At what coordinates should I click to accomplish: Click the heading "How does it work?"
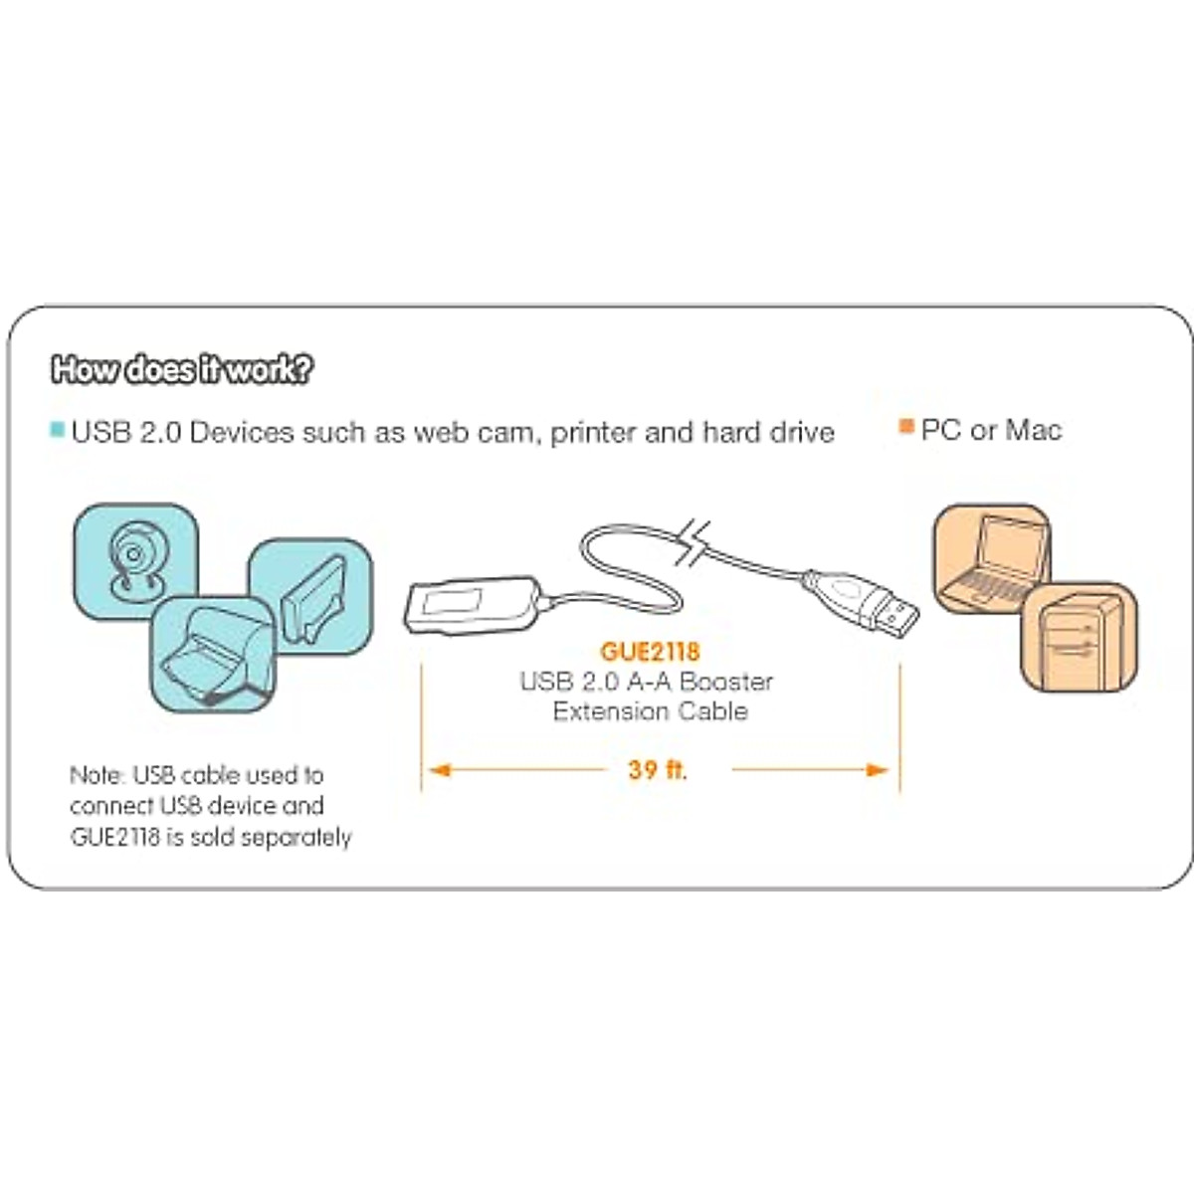(x=181, y=369)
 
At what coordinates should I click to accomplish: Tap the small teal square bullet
(x=58, y=431)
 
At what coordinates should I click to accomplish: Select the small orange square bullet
(x=905, y=427)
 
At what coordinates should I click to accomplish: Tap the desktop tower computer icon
(x=1080, y=637)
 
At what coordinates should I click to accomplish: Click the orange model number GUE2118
(x=650, y=652)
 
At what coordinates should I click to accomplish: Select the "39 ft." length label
(x=658, y=769)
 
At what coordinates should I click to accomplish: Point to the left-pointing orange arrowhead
(x=439, y=769)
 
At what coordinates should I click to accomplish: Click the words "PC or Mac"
(x=991, y=430)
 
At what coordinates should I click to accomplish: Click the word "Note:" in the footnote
(x=97, y=775)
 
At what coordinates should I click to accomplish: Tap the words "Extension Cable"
(x=650, y=711)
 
